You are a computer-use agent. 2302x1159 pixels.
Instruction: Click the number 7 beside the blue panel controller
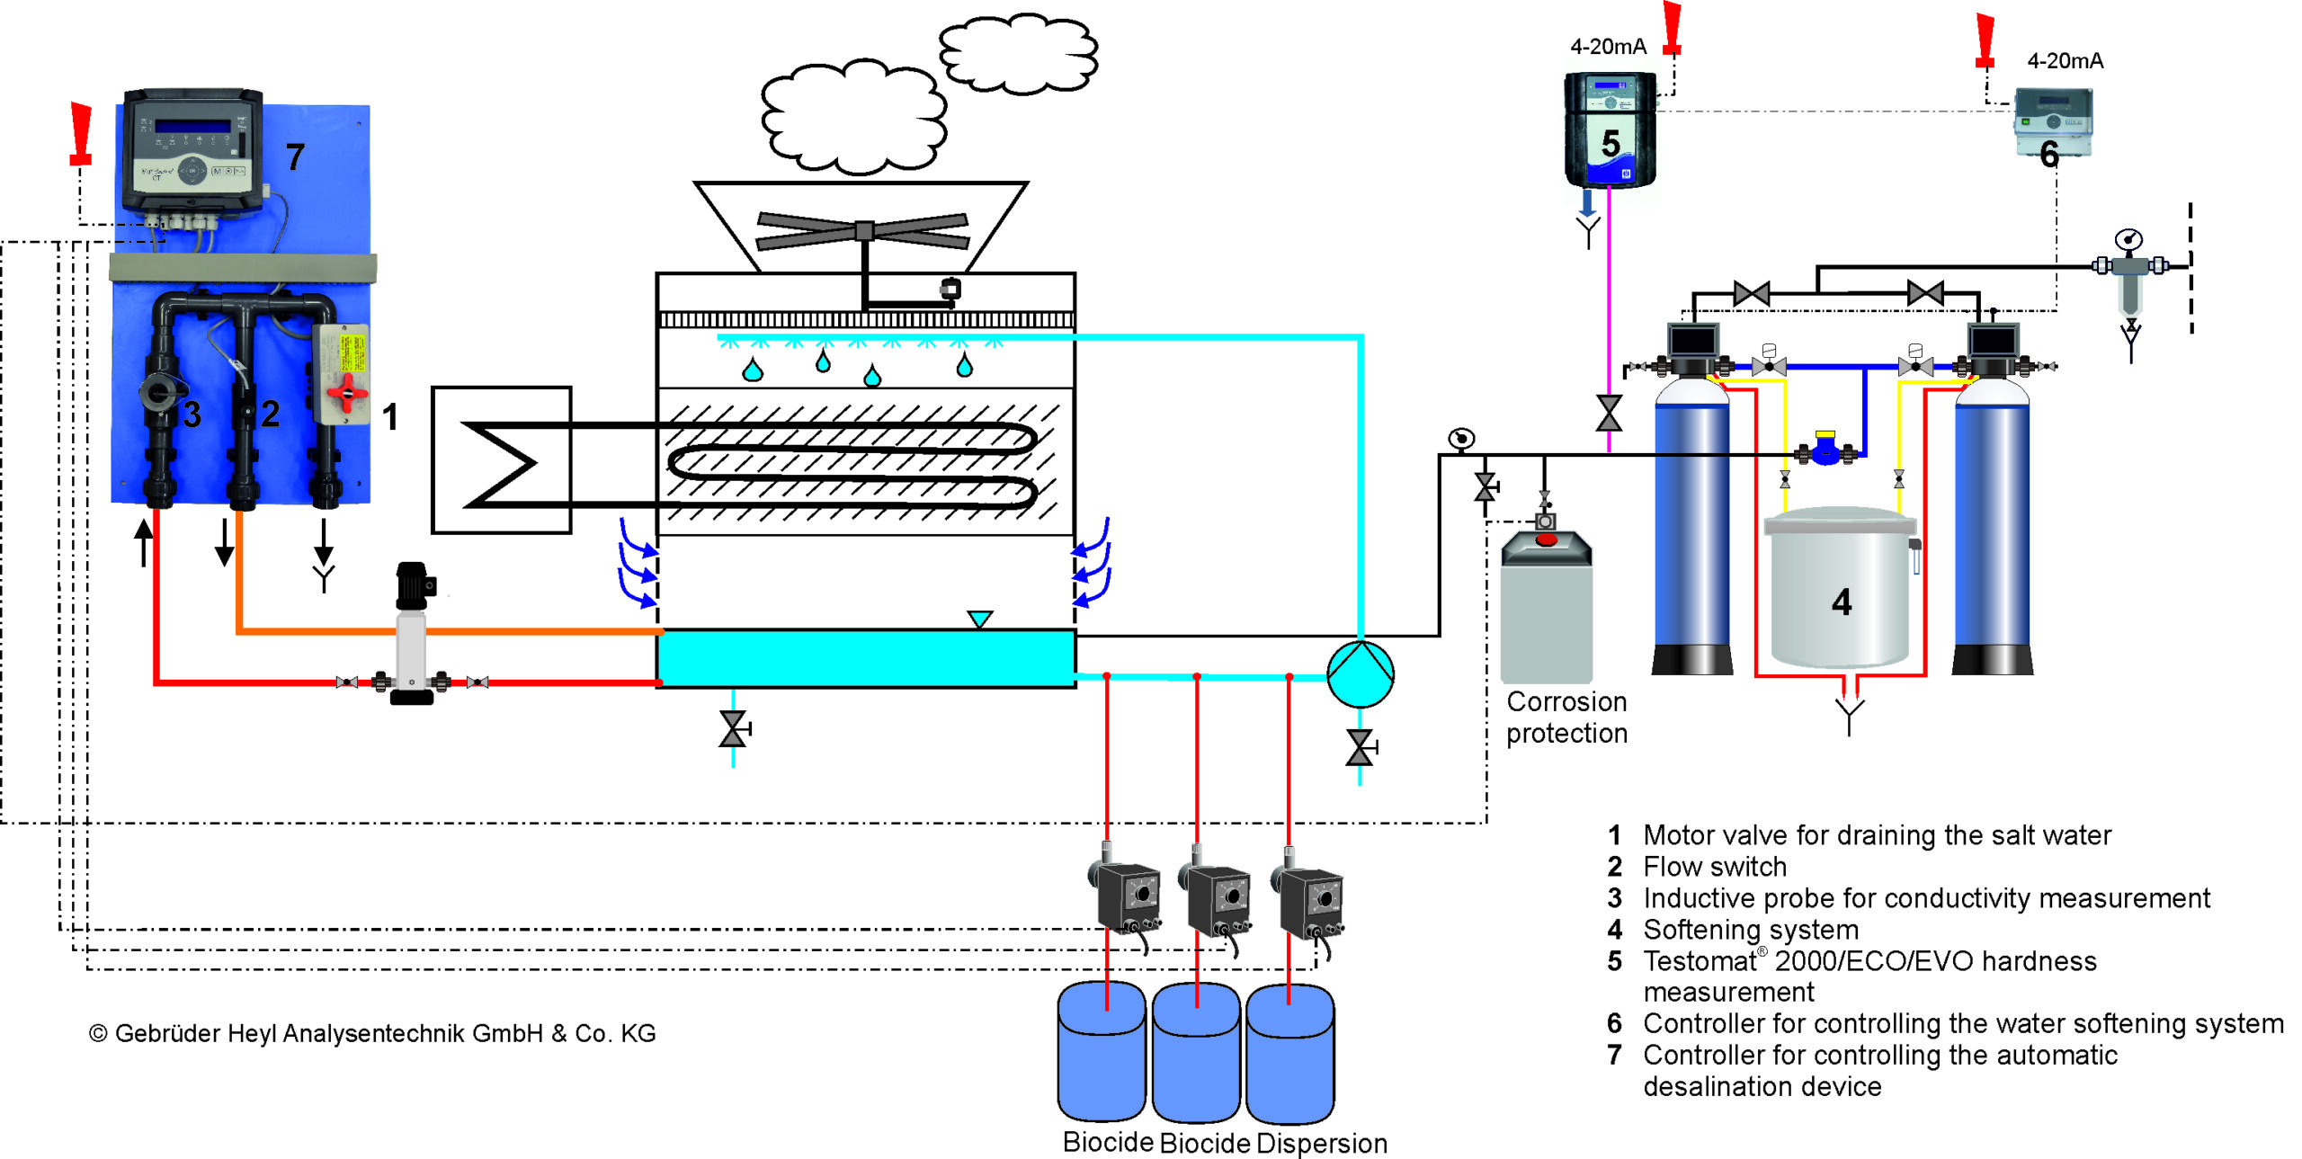pyautogui.click(x=295, y=157)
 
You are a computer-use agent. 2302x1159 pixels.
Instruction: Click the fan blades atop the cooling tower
pyautogui.click(x=862, y=230)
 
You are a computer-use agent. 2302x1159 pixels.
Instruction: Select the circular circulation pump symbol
pyautogui.click(x=1360, y=673)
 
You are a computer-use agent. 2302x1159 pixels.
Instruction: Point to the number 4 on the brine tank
pyautogui.click(x=1841, y=602)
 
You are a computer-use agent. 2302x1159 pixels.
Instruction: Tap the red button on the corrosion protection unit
pyautogui.click(x=1546, y=539)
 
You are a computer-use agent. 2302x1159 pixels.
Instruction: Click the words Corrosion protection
pyautogui.click(x=1566, y=718)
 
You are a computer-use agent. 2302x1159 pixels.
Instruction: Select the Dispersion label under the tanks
pyautogui.click(x=1321, y=1143)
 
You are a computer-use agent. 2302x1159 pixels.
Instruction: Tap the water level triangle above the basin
pyautogui.click(x=979, y=619)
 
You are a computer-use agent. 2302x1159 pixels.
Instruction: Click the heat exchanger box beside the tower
pyautogui.click(x=501, y=460)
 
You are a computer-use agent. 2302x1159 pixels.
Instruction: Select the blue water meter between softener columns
pyautogui.click(x=1825, y=449)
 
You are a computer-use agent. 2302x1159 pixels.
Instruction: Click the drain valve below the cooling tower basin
pyautogui.click(x=733, y=728)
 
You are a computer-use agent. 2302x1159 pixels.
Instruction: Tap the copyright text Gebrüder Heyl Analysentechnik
pyautogui.click(x=372, y=1033)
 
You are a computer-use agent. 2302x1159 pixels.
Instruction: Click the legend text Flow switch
pyautogui.click(x=1714, y=867)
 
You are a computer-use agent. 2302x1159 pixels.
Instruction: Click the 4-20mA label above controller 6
pyautogui.click(x=2065, y=61)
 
